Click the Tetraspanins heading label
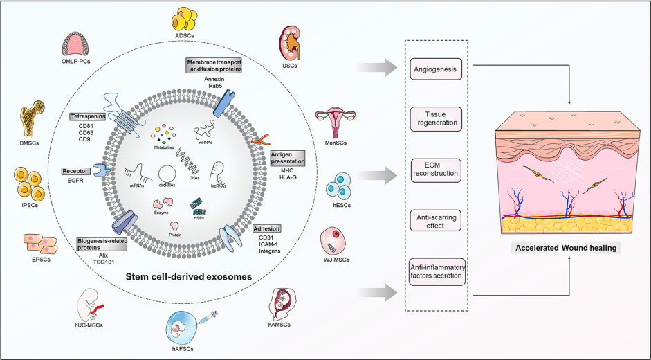(x=87, y=117)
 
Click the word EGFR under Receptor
(x=76, y=181)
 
